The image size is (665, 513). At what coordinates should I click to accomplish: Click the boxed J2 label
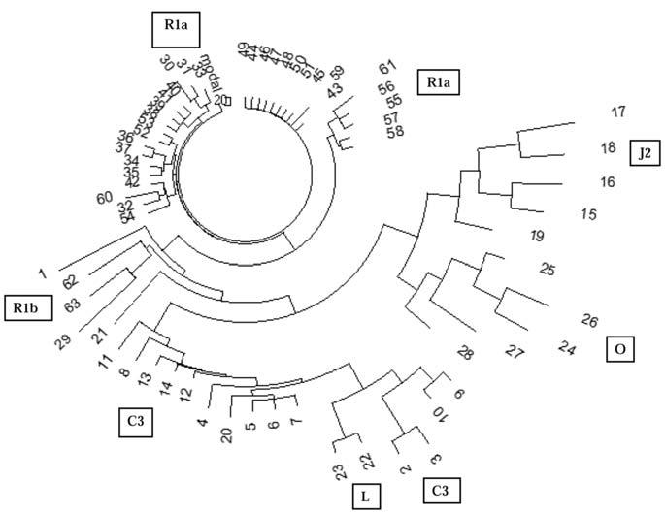pyautogui.click(x=645, y=153)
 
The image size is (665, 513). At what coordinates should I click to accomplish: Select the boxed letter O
pyautogui.click(x=619, y=348)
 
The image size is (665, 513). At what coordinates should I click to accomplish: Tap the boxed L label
pyautogui.click(x=366, y=497)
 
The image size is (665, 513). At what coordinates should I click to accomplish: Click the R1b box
pyautogui.click(x=24, y=306)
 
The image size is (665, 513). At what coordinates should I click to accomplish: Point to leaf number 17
pyautogui.click(x=618, y=112)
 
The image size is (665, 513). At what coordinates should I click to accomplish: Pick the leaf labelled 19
pyautogui.click(x=537, y=236)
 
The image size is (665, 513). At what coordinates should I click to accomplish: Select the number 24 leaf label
pyautogui.click(x=565, y=345)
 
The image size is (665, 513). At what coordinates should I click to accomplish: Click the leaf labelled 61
pyautogui.click(x=389, y=68)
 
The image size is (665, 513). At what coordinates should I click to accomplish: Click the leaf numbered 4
pyautogui.click(x=203, y=423)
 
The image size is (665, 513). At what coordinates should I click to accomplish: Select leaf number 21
pyautogui.click(x=99, y=337)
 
